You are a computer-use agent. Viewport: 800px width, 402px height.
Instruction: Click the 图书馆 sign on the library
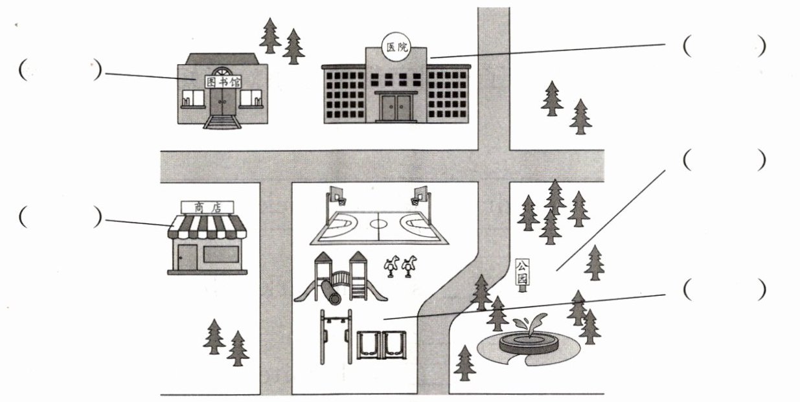point(221,82)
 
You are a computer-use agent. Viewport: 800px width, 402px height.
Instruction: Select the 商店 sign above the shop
point(207,207)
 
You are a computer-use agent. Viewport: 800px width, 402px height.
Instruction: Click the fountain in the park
point(528,341)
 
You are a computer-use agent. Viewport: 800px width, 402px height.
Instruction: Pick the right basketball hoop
point(420,194)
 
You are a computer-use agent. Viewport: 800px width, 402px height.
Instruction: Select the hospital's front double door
point(396,107)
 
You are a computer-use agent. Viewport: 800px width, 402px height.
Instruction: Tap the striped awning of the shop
point(207,227)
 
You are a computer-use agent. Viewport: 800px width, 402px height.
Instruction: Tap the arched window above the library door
point(222,72)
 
